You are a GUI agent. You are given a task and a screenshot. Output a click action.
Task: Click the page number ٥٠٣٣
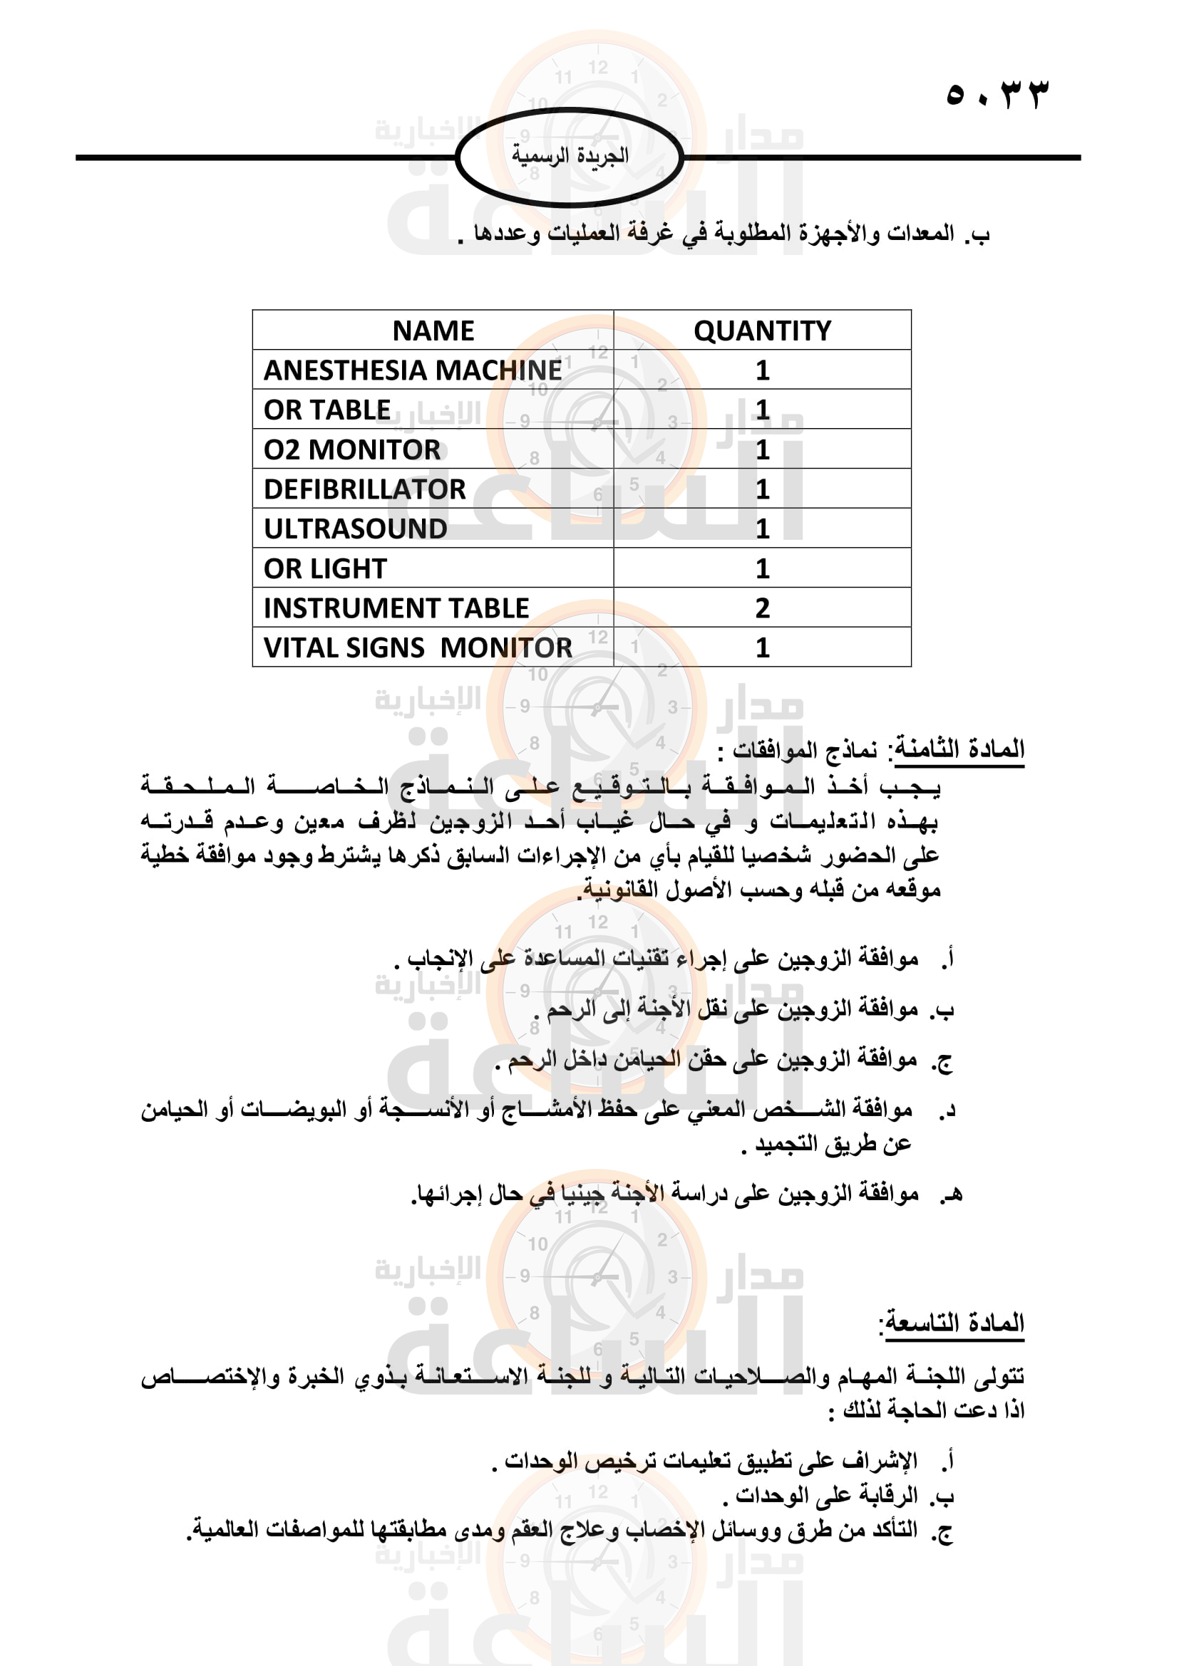click(x=997, y=93)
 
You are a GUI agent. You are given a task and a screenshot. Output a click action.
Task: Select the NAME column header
click(x=433, y=331)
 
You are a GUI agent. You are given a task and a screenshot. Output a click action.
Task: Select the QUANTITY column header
click(x=761, y=331)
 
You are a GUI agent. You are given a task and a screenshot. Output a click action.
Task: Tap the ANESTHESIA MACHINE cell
click(x=411, y=370)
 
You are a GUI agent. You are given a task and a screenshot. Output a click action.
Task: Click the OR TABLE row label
click(x=326, y=410)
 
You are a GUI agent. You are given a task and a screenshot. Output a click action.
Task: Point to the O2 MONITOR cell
click(x=351, y=450)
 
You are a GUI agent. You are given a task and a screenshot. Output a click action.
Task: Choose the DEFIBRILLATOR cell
click(x=364, y=489)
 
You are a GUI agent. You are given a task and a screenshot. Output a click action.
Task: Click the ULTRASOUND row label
click(x=355, y=529)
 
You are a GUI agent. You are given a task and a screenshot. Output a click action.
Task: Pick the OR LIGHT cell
click(x=325, y=568)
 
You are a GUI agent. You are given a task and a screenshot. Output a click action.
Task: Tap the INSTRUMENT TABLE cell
click(x=396, y=608)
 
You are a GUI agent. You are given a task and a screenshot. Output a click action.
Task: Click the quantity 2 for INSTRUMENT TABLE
click(x=761, y=608)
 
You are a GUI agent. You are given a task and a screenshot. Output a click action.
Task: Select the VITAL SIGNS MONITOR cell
click(x=418, y=647)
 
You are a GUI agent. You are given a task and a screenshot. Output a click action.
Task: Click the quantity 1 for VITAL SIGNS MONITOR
click(x=761, y=647)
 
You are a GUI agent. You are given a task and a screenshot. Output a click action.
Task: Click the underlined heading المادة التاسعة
click(x=952, y=1323)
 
